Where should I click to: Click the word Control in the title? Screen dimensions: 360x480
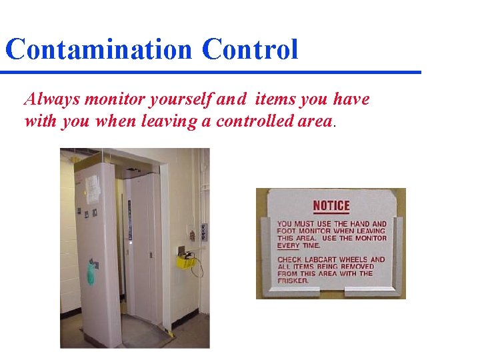tap(250, 50)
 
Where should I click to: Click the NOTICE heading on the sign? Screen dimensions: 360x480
tap(331, 205)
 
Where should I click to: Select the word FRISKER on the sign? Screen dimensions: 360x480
tap(293, 281)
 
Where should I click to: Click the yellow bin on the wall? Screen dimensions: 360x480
tap(186, 261)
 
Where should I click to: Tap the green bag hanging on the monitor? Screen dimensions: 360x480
tap(91, 272)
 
